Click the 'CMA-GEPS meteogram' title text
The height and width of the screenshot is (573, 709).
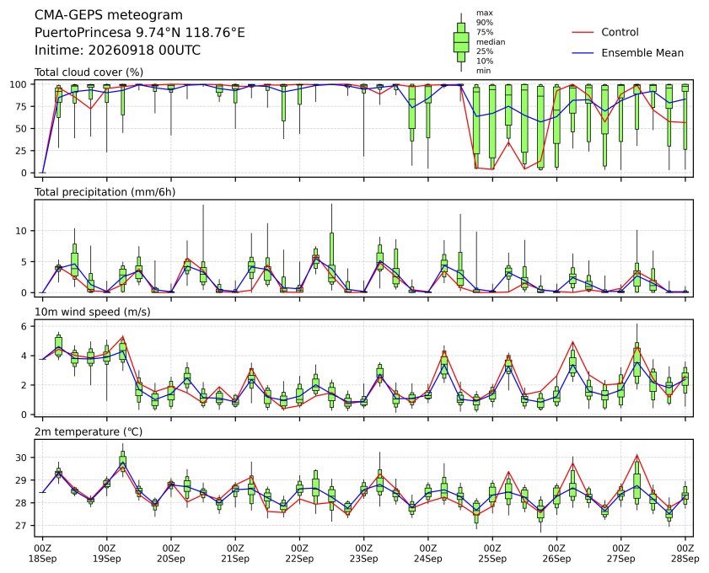(x=109, y=15)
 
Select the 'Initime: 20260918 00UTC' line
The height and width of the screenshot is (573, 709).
(x=117, y=51)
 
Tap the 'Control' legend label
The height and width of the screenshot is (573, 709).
(x=620, y=33)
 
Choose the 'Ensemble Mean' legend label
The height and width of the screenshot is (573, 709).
(x=642, y=53)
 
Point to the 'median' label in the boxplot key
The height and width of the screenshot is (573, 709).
(x=491, y=42)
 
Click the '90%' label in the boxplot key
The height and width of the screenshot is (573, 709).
(x=484, y=23)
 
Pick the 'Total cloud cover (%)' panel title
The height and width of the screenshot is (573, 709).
(x=89, y=72)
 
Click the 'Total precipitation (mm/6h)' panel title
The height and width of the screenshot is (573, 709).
(x=105, y=192)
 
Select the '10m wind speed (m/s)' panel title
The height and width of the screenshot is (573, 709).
(x=93, y=313)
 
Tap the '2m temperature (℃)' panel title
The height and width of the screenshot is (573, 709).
(x=89, y=432)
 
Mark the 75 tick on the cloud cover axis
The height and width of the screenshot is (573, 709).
(x=22, y=107)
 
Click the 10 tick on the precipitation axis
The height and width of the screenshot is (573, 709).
(x=22, y=231)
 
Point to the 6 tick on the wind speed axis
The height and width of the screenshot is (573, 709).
(x=24, y=326)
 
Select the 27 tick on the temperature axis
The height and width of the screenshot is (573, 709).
(x=22, y=526)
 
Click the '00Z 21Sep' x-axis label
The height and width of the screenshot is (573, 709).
(x=235, y=554)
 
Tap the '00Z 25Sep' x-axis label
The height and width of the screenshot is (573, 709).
(x=492, y=554)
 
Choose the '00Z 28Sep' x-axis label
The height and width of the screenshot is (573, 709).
(x=685, y=554)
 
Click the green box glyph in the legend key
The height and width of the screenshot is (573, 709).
(x=461, y=42)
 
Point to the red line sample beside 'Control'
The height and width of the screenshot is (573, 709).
(x=583, y=33)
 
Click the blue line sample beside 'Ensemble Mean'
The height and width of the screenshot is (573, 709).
(x=583, y=53)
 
